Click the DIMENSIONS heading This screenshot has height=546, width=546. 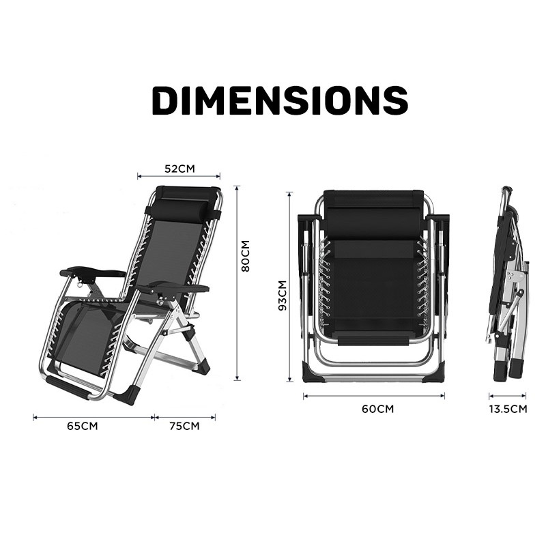(x=280, y=100)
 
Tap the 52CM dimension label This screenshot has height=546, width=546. (x=179, y=169)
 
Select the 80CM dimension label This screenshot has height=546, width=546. (x=246, y=256)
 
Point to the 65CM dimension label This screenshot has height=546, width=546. (x=83, y=426)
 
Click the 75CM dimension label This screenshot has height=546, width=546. (x=184, y=426)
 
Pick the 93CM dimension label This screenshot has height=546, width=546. (x=283, y=296)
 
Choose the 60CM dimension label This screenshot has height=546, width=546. (x=378, y=409)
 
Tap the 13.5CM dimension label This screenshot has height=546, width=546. (x=508, y=409)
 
